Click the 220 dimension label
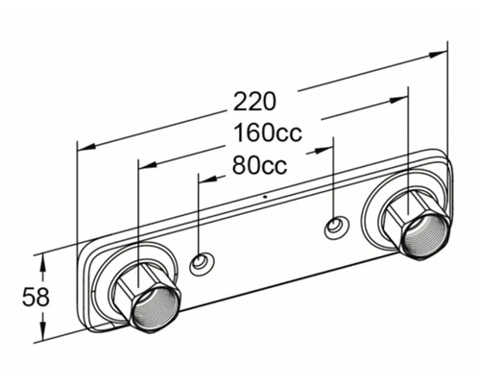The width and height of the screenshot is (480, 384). tap(254, 102)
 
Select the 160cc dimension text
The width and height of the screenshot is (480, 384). tap(268, 132)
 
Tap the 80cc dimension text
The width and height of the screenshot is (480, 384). tap(259, 165)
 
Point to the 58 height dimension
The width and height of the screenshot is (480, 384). tap(36, 297)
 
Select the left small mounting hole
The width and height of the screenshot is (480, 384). tap(202, 263)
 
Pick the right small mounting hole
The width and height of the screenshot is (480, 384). tap(337, 228)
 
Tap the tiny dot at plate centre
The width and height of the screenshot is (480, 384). tap(265, 196)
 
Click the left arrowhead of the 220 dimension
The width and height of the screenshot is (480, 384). tap(87, 147)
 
